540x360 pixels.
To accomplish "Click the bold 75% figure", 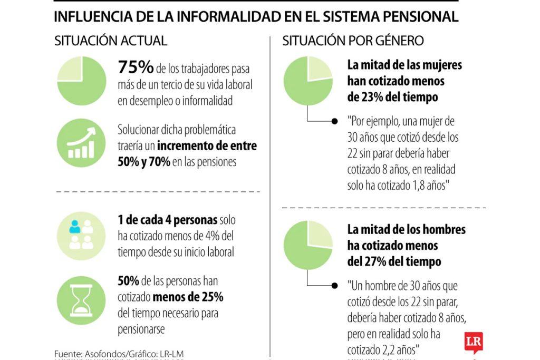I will (x=136, y=67).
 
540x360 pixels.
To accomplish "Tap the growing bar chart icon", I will (x=81, y=143).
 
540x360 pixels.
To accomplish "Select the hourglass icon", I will (x=81, y=301).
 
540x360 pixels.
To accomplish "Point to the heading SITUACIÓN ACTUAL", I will (x=111, y=41).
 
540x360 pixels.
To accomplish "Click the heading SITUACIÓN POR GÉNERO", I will (x=353, y=41).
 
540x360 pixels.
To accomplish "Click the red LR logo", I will (x=473, y=343).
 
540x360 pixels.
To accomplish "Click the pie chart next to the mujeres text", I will (x=308, y=81).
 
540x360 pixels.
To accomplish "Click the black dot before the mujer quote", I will (x=334, y=121).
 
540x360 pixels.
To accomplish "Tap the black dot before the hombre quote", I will (x=334, y=286).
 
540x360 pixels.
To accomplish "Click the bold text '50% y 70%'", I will (x=143, y=162).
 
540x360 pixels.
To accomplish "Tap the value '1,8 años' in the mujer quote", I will (x=425, y=186).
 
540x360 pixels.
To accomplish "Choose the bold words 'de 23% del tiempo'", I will (x=392, y=98).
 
